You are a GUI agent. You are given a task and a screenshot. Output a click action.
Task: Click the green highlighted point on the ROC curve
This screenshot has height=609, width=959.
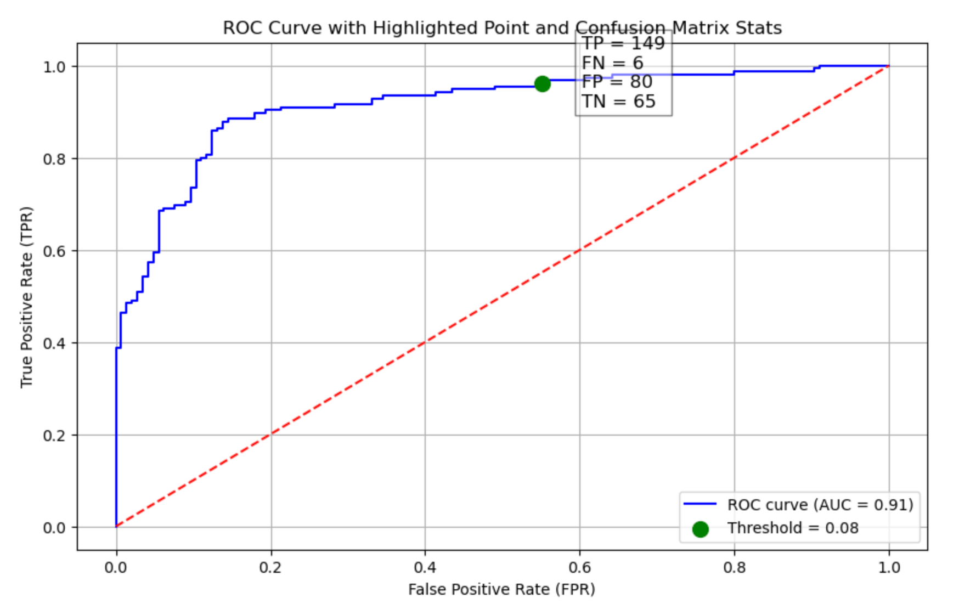click(542, 83)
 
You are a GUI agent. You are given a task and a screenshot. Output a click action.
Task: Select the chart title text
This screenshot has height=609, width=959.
click(502, 27)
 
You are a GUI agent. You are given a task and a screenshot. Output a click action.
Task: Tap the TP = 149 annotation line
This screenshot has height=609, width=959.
click(623, 43)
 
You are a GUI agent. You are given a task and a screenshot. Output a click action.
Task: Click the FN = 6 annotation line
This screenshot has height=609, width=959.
click(612, 63)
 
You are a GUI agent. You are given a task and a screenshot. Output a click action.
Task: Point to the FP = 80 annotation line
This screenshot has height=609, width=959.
click(617, 82)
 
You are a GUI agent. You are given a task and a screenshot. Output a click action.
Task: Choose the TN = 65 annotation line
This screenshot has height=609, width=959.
click(618, 101)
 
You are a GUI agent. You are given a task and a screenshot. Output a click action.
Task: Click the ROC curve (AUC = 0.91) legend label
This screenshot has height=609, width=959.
click(820, 504)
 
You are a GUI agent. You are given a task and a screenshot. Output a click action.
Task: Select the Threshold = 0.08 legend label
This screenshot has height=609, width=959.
click(793, 528)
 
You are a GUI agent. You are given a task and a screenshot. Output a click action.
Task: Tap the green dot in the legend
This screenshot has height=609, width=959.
click(700, 529)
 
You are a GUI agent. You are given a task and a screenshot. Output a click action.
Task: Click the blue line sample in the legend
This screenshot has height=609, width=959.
click(700, 504)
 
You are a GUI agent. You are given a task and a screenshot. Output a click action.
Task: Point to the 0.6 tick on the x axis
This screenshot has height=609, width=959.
click(579, 567)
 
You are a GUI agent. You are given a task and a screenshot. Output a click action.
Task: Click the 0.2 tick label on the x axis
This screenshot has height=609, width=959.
click(270, 567)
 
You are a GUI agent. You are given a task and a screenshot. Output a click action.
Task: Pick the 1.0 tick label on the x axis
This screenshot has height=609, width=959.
click(889, 567)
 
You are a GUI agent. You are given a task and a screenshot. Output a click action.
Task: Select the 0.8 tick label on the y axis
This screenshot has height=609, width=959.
click(54, 159)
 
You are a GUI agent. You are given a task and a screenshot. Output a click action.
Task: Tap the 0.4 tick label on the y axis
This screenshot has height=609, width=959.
click(54, 343)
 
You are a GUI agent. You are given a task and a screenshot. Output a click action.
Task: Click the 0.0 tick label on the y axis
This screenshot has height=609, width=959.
click(54, 528)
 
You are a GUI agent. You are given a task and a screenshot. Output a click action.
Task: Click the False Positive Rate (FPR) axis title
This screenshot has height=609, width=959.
click(501, 589)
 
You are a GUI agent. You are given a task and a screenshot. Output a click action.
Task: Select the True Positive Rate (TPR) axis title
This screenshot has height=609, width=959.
click(26, 297)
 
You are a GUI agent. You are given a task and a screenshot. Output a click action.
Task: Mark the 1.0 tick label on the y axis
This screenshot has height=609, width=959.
click(54, 67)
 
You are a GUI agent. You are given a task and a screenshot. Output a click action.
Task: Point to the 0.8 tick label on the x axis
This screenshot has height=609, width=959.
click(734, 567)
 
